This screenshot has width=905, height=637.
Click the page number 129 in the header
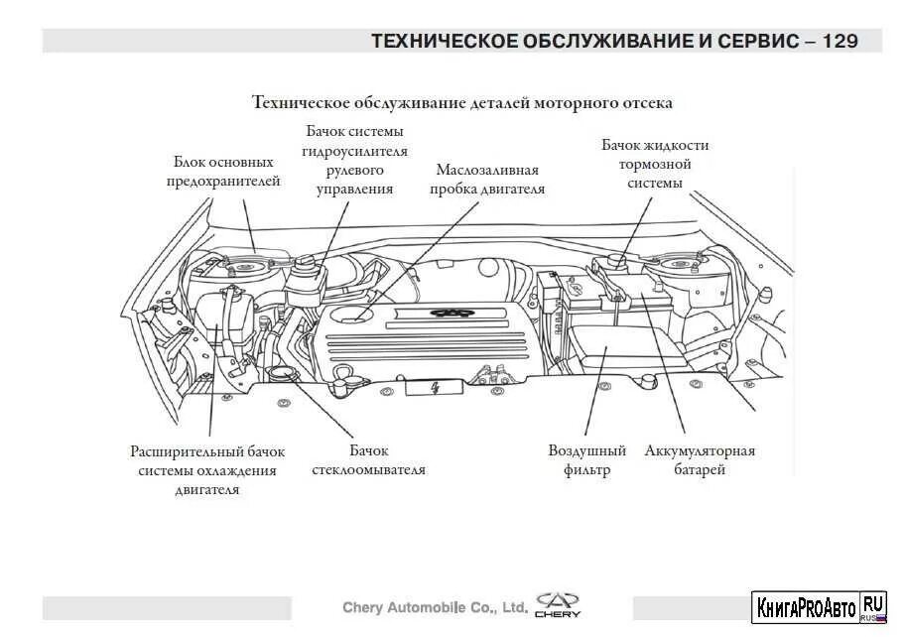coord(840,41)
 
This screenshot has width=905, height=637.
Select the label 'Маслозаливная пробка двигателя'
coord(487,179)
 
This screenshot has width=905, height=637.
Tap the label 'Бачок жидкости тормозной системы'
coord(655,164)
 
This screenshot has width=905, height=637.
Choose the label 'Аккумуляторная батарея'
coord(700,460)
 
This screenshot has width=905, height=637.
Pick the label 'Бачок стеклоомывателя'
coord(368,460)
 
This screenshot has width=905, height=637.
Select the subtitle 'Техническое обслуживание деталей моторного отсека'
coord(462,102)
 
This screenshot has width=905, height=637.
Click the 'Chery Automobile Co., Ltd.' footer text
coord(434,606)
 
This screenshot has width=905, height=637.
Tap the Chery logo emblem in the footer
coord(560,604)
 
